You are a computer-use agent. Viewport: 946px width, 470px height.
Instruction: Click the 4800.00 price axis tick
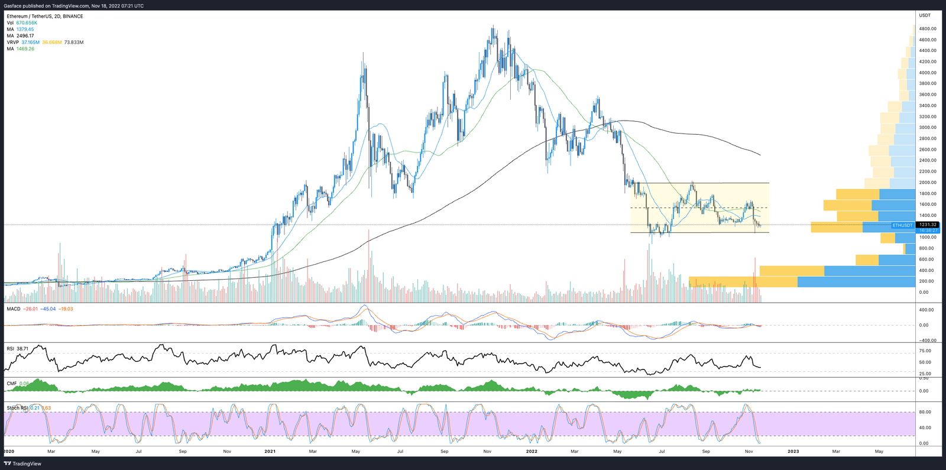[927, 28]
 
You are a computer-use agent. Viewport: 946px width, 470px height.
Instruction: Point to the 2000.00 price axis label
[927, 182]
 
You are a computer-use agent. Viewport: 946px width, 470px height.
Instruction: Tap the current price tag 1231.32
[928, 225]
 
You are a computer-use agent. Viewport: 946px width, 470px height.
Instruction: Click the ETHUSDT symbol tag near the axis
[903, 225]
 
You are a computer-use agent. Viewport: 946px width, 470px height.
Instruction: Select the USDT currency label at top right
[925, 15]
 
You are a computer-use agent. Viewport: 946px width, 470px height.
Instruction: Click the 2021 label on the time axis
[270, 451]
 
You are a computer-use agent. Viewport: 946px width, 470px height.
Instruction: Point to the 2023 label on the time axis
[793, 451]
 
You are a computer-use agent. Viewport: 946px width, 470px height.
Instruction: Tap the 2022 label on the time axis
[532, 451]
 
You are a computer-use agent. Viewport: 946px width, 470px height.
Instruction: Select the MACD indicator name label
[14, 309]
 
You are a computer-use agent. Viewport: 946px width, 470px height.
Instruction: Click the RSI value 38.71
[22, 349]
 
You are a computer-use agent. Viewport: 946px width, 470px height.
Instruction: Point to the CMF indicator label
[11, 383]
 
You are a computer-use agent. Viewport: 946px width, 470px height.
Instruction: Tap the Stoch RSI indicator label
[17, 408]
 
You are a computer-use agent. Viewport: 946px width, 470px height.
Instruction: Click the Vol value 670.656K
[27, 22]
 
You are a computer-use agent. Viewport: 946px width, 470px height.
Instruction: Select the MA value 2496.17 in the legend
[25, 35]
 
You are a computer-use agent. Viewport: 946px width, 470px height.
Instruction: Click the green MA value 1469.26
[25, 48]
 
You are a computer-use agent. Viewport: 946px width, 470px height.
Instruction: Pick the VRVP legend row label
[12, 42]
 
